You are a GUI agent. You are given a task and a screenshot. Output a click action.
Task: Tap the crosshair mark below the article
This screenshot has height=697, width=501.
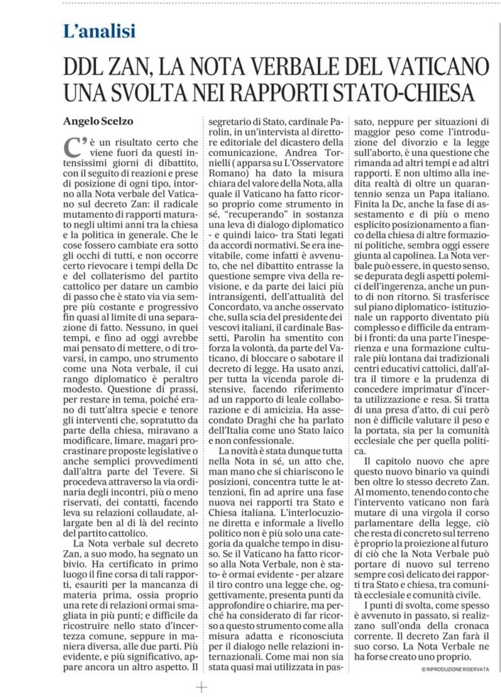click(201, 687)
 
